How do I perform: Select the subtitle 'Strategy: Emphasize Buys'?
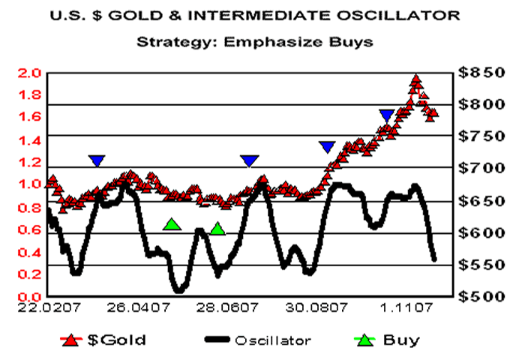click(255, 41)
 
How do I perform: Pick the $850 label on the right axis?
click(478, 73)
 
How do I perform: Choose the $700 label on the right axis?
click(478, 169)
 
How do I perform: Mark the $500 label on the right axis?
click(478, 297)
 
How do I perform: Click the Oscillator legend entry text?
click(273, 340)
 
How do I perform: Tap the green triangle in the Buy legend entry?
click(365, 340)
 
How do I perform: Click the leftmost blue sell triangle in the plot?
click(97, 160)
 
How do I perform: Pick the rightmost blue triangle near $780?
click(387, 115)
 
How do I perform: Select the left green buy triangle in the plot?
click(172, 224)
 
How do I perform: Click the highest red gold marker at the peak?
click(416, 80)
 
